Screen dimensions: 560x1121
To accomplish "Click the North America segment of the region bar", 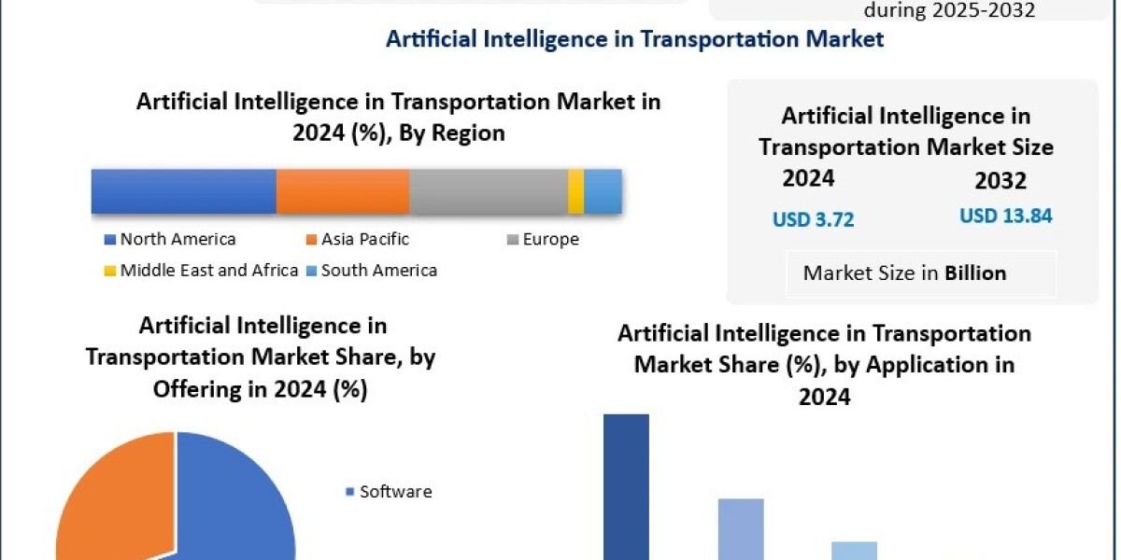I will pyautogui.click(x=183, y=192).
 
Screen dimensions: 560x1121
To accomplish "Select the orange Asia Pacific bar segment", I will pyautogui.click(x=343, y=192).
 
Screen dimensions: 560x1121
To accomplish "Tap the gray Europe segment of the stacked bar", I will pyautogui.click(x=488, y=192).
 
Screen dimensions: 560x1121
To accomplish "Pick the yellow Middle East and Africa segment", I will pyautogui.click(x=575, y=192).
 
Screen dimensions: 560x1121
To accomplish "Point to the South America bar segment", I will pyautogui.click(x=603, y=192).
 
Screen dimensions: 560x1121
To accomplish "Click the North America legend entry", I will pyautogui.click(x=171, y=240).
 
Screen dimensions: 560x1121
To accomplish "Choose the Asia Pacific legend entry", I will pyautogui.click(x=358, y=240).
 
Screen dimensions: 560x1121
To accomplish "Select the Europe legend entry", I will pyautogui.click(x=544, y=240).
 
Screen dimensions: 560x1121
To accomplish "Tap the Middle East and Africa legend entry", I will pyautogui.click(x=202, y=271).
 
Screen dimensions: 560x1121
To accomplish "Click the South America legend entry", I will pyautogui.click(x=372, y=271).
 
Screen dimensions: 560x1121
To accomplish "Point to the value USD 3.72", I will pyautogui.click(x=813, y=220).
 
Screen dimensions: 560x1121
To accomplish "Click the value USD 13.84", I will pyautogui.click(x=1006, y=217).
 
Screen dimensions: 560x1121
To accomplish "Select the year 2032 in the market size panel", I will pyautogui.click(x=1000, y=181).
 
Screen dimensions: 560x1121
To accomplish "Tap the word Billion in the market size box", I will pyautogui.click(x=975, y=273).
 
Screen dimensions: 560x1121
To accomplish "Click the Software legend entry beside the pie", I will pyautogui.click(x=390, y=492).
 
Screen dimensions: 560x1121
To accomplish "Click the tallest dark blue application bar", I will pyautogui.click(x=626, y=485).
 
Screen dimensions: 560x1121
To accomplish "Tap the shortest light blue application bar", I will pyautogui.click(x=854, y=551).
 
